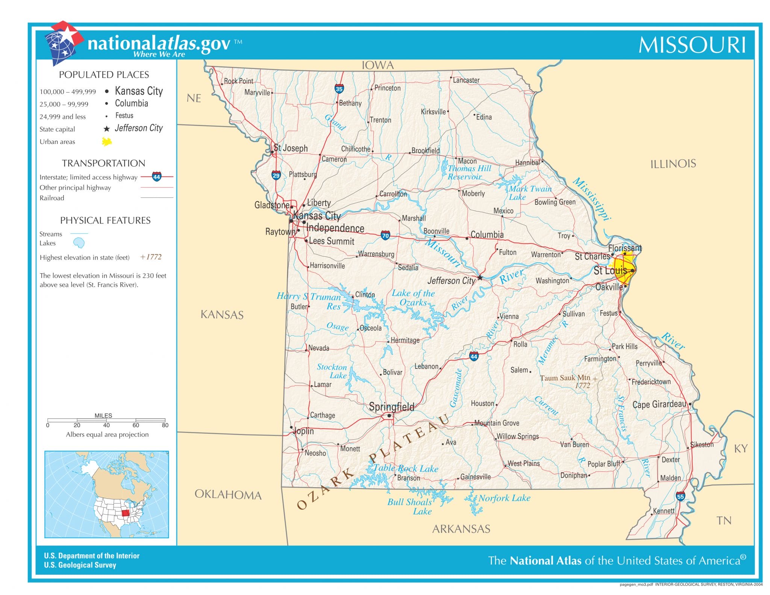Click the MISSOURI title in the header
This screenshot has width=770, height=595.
pyautogui.click(x=692, y=45)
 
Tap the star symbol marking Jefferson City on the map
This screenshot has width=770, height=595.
pyautogui.click(x=480, y=278)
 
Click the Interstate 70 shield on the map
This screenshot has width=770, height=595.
pyautogui.click(x=385, y=236)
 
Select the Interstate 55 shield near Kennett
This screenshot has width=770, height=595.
pyautogui.click(x=680, y=496)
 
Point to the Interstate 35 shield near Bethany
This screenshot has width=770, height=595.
pyautogui.click(x=339, y=89)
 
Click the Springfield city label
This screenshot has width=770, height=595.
pyautogui.click(x=391, y=407)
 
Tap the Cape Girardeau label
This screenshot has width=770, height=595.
pyautogui.click(x=659, y=404)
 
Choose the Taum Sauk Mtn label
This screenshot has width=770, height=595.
pyautogui.click(x=565, y=378)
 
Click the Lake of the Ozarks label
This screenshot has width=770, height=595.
pyautogui.click(x=413, y=298)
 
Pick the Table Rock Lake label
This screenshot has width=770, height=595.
pyautogui.click(x=406, y=468)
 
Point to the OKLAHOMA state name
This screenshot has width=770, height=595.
pyautogui.click(x=228, y=495)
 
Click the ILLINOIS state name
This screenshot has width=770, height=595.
pyautogui.click(x=673, y=164)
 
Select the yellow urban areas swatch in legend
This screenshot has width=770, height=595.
pyautogui.click(x=107, y=142)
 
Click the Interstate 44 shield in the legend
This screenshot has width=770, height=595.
pyautogui.click(x=156, y=176)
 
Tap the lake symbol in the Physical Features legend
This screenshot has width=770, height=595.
pyautogui.click(x=79, y=243)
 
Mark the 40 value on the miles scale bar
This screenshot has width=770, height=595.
pyautogui.click(x=106, y=425)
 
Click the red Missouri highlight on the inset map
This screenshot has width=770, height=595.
pyautogui.click(x=126, y=513)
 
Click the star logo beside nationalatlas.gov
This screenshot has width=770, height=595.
pyautogui.click(x=64, y=41)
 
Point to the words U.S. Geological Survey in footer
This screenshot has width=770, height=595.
pyautogui.click(x=80, y=565)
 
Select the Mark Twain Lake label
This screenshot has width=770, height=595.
pyautogui.click(x=530, y=192)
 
